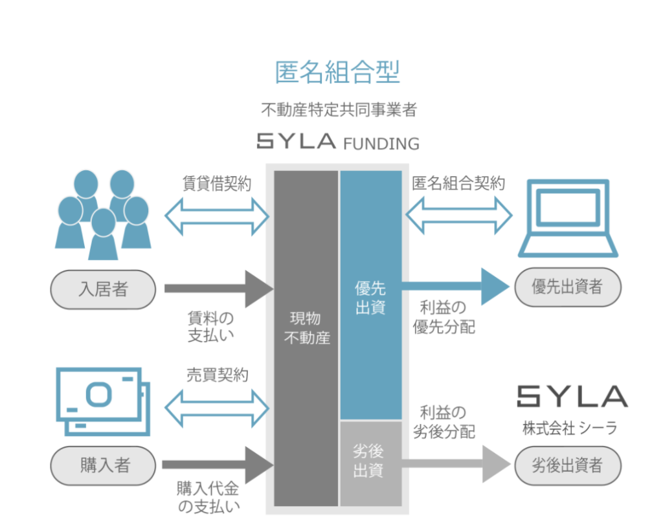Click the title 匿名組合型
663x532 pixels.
point(337,72)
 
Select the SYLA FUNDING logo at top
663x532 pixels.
point(337,141)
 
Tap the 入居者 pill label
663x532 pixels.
point(103,289)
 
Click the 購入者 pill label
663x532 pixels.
point(104,465)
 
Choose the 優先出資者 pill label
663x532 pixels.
point(567,287)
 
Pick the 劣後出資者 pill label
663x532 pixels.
point(567,465)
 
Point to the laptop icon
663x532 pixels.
point(568,217)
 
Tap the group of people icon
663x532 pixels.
point(104,214)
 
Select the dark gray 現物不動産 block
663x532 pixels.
point(306,337)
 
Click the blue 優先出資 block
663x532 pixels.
point(371,294)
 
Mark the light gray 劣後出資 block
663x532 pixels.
point(371,463)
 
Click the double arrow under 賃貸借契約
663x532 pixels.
point(217,216)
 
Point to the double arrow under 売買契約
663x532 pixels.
point(217,407)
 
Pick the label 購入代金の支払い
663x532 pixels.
point(208,496)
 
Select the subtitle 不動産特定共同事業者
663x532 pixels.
point(337,109)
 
